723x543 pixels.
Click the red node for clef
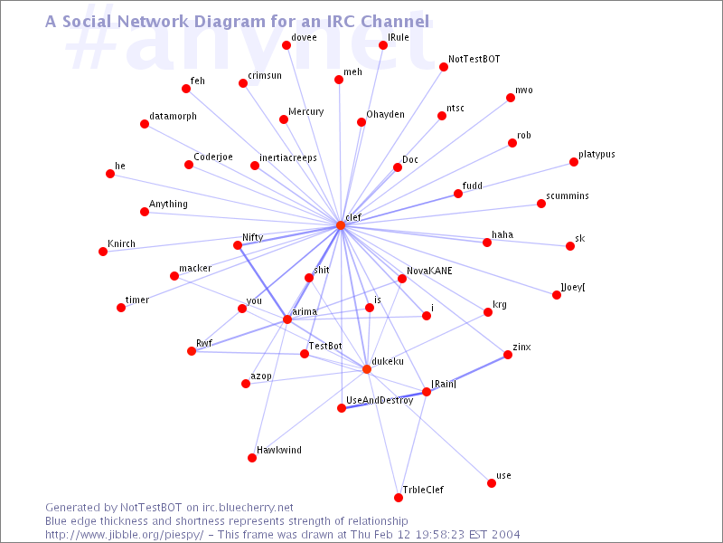pyautogui.click(x=341, y=225)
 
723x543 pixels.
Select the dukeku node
pyautogui.click(x=367, y=369)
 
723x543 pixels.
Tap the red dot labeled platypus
pyautogui.click(x=574, y=162)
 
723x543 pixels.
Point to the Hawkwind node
pyautogui.click(x=252, y=458)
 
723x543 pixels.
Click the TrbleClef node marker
pyautogui.click(x=399, y=497)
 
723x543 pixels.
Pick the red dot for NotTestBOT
pyautogui.click(x=444, y=67)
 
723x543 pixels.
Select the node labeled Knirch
pyautogui.click(x=103, y=252)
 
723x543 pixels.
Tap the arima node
pyautogui.click(x=287, y=319)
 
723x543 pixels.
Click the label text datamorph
pyautogui.click(x=173, y=116)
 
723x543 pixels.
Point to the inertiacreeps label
pyautogui.click(x=288, y=157)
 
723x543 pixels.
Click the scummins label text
pyautogui.click(x=568, y=195)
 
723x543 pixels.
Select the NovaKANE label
pyautogui.click(x=429, y=271)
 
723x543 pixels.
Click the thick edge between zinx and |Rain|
pyautogui.click(x=467, y=373)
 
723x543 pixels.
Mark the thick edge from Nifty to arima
pyautogui.click(x=262, y=282)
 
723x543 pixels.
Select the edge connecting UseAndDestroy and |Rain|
pyautogui.click(x=383, y=400)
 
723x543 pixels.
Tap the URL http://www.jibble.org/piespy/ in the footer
pyautogui.click(x=124, y=535)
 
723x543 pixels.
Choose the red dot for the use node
pyautogui.click(x=492, y=483)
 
